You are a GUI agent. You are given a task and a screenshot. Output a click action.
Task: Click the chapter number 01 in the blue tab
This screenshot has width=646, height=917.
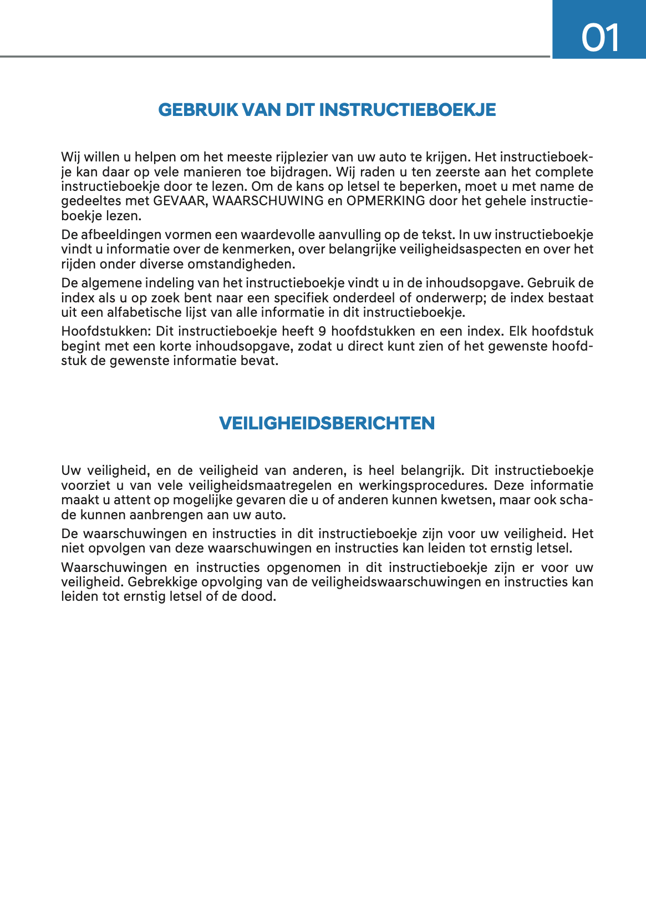[x=600, y=38]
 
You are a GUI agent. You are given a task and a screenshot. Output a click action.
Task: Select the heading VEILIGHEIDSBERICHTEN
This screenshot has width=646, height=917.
[x=327, y=423]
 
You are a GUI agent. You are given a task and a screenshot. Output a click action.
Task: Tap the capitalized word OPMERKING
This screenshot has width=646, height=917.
[x=385, y=201]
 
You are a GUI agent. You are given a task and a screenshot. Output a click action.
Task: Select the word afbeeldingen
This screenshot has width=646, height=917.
[x=118, y=235]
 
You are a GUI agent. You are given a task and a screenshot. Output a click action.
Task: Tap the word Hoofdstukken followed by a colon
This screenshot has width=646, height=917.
[x=106, y=332]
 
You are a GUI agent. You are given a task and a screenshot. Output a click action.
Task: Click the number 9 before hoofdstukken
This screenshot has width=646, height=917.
[x=322, y=332]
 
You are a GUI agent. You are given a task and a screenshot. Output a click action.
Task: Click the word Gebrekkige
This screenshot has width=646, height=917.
[x=162, y=582]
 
